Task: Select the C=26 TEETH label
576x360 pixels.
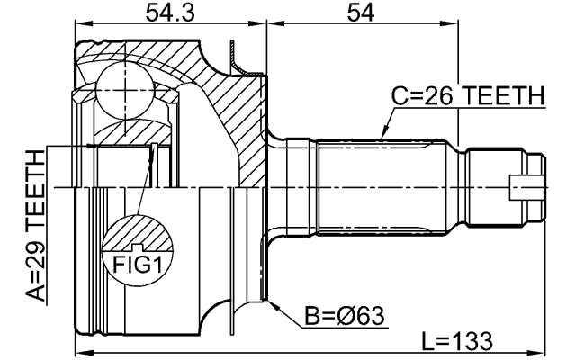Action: [467, 95]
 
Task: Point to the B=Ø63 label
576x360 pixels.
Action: [345, 316]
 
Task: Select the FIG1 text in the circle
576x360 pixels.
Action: [138, 263]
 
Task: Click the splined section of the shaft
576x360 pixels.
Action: [387, 187]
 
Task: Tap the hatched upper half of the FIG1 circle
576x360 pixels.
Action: [138, 232]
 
